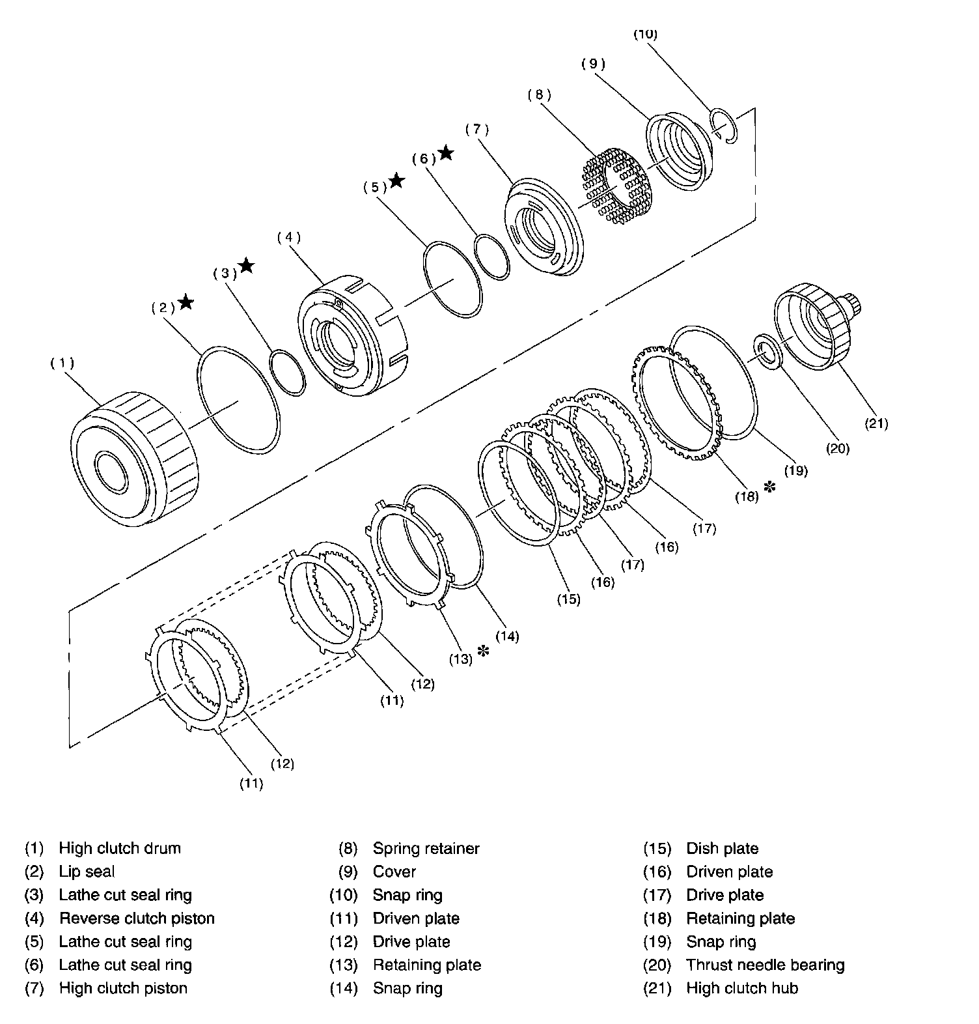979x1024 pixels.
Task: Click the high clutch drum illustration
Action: click(134, 459)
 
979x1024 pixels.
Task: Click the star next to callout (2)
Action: click(186, 302)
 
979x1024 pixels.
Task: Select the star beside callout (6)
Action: click(446, 152)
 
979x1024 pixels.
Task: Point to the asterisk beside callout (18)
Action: click(770, 487)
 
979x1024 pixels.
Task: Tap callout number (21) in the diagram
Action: click(876, 423)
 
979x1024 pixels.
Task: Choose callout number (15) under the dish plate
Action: click(568, 598)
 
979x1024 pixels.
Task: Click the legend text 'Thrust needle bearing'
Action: click(765, 965)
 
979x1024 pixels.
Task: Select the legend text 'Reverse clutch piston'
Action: click(137, 918)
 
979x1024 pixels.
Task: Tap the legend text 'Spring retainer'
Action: click(426, 849)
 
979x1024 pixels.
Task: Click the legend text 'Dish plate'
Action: click(723, 849)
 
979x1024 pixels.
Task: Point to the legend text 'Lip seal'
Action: click(87, 872)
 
